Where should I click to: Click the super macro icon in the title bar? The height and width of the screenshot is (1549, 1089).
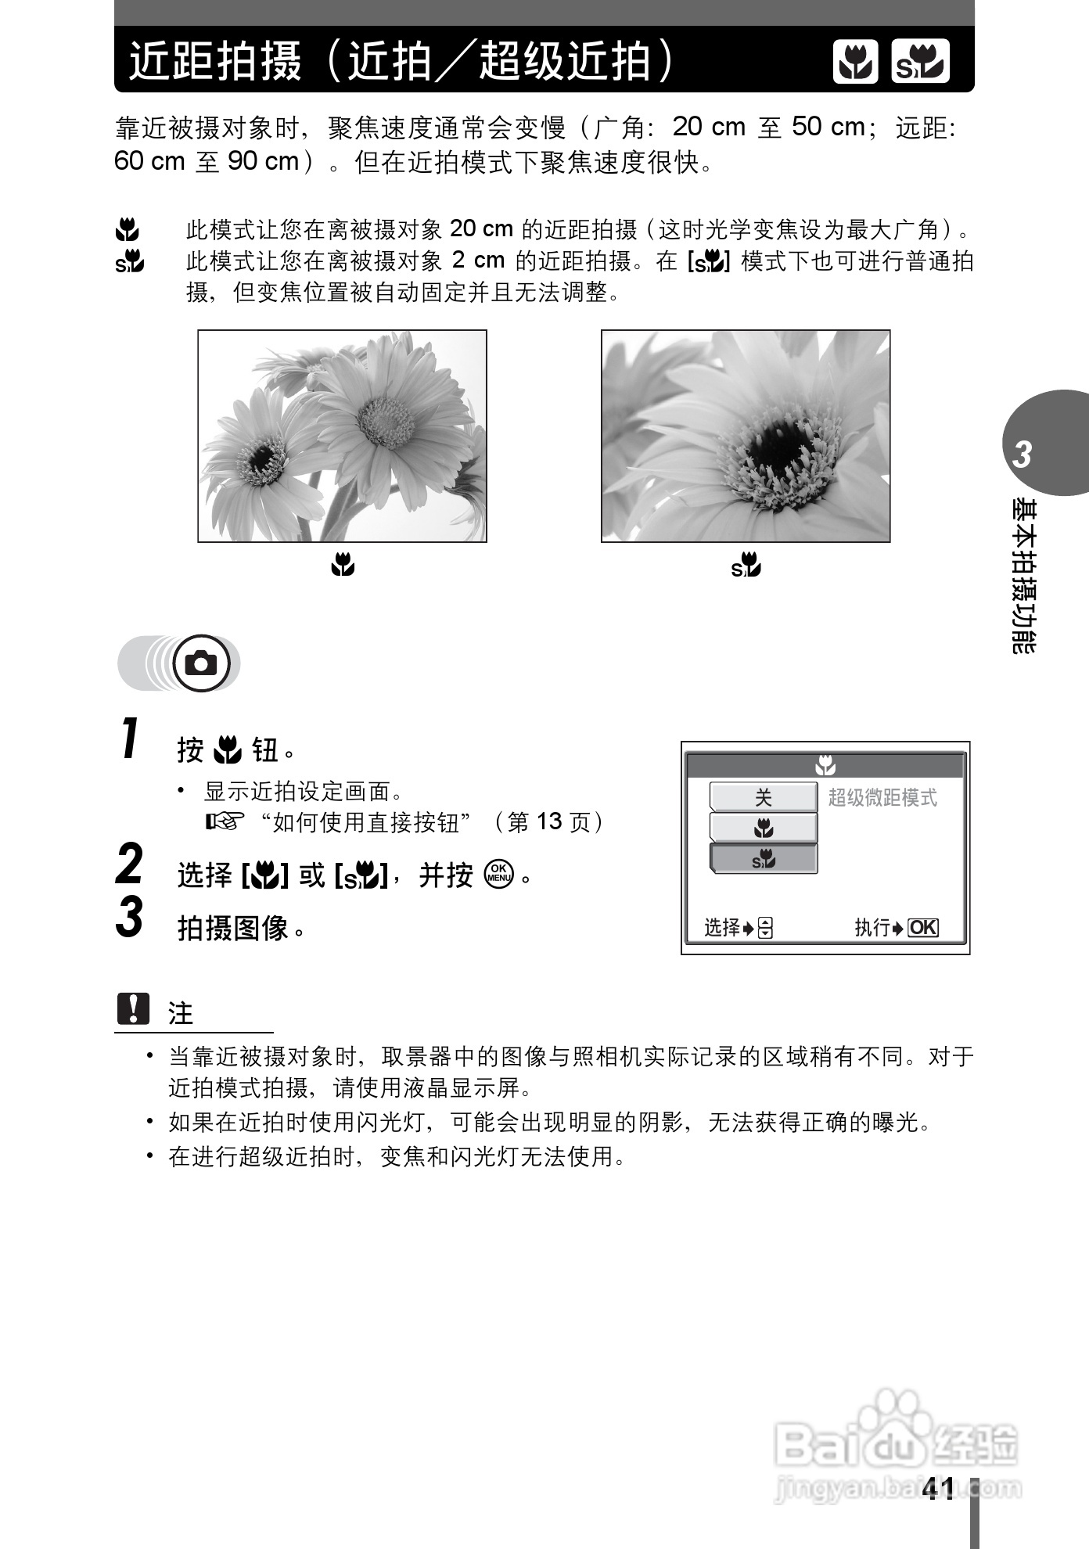click(920, 61)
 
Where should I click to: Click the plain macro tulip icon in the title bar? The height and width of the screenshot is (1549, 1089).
click(855, 61)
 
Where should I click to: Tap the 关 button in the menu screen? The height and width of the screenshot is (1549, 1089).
click(763, 797)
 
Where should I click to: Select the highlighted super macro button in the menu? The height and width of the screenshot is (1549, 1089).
click(763, 859)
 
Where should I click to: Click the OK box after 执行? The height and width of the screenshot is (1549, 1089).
click(923, 928)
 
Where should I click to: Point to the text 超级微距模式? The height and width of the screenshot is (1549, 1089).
click(882, 798)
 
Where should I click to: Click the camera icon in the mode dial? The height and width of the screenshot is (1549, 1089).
click(202, 664)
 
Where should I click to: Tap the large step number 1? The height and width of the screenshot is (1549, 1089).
click(131, 739)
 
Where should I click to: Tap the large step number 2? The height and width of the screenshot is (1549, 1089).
click(130, 864)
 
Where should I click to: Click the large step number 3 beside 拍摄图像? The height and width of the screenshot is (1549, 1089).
click(130, 917)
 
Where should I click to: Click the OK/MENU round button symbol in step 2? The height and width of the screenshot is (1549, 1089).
click(498, 874)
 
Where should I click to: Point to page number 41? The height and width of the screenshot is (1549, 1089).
click(938, 1490)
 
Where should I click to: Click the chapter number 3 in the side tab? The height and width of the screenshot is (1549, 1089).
click(1022, 455)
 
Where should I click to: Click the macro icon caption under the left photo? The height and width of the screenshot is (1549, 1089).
click(343, 564)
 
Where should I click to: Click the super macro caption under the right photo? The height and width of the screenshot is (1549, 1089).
click(746, 565)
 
